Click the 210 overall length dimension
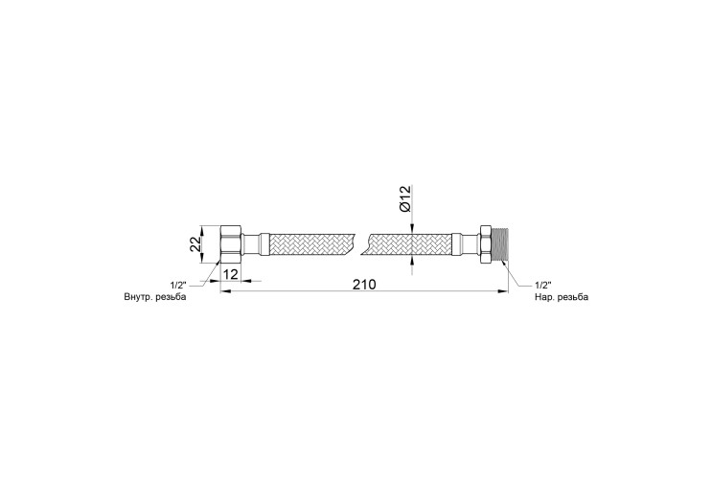pyautogui.click(x=365, y=285)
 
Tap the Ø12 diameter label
pyautogui.click(x=404, y=198)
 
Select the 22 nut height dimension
pyautogui.click(x=195, y=244)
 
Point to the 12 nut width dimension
pyautogui.click(x=231, y=274)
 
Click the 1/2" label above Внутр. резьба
pyautogui.click(x=178, y=286)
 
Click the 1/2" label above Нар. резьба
pyautogui.click(x=543, y=286)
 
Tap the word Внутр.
pyautogui.click(x=138, y=297)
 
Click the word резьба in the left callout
pyautogui.click(x=171, y=297)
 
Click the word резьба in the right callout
pyautogui.click(x=573, y=297)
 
